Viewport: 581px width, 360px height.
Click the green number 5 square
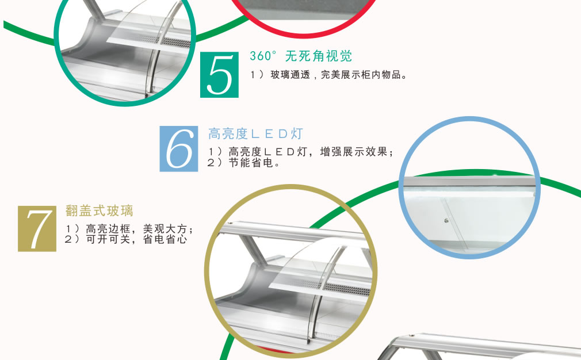[219, 75]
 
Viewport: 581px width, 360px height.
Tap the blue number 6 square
[178, 149]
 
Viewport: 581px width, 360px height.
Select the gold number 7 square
[37, 228]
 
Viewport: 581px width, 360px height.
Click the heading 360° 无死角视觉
[300, 56]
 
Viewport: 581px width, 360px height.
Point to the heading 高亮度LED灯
[255, 133]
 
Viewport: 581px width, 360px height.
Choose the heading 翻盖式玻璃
[99, 210]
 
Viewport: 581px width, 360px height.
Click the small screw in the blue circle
[446, 221]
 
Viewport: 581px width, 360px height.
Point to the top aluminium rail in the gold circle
[293, 232]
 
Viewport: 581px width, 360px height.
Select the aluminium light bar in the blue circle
[469, 182]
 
